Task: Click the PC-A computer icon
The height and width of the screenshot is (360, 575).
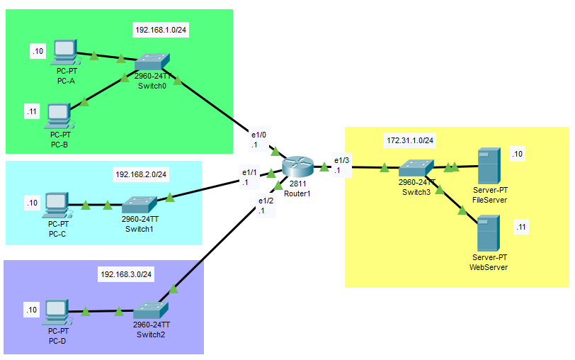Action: (64, 51)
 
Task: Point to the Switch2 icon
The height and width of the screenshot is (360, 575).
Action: (150, 310)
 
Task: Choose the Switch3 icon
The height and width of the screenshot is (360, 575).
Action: (415, 169)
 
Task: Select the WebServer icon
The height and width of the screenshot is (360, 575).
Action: (488, 233)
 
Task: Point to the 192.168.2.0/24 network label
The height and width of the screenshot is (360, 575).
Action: (144, 174)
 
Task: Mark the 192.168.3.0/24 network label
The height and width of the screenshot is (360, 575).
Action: (127, 274)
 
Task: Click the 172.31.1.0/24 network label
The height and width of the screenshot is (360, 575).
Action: (411, 141)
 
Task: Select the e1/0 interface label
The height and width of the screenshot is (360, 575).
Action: (258, 134)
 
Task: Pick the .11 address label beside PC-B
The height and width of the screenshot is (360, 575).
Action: (31, 111)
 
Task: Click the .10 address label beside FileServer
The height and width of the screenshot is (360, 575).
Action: (517, 154)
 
